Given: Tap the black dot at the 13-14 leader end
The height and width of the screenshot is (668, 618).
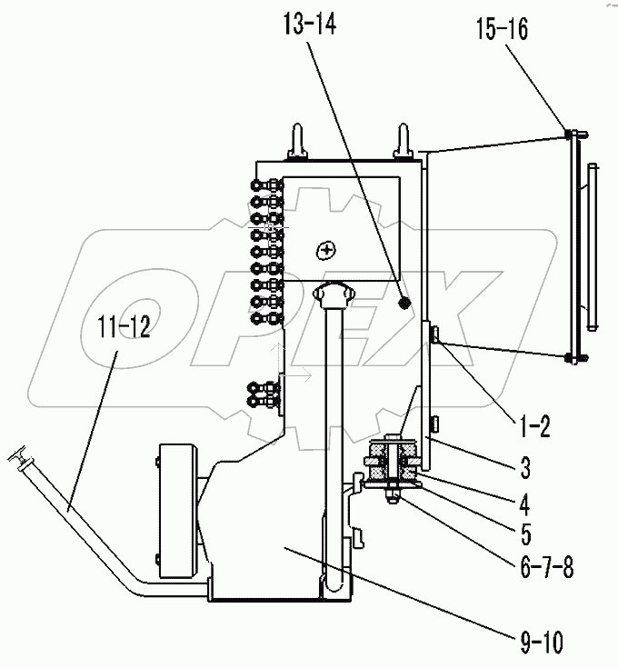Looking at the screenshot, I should coord(406,301).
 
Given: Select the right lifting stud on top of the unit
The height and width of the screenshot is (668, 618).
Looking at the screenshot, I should coord(402,141).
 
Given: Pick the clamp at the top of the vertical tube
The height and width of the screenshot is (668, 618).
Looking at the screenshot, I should coord(330,294).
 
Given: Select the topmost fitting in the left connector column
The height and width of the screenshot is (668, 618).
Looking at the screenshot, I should coord(268,185).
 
